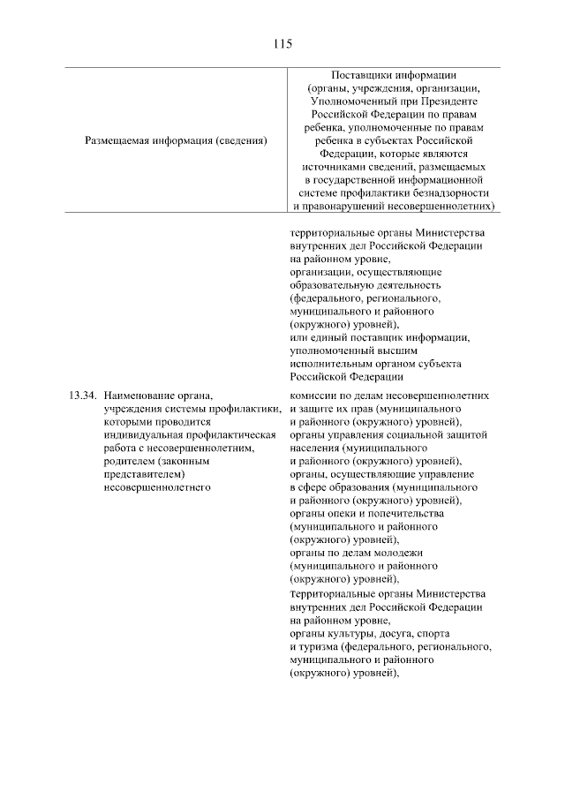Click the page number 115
[x=282, y=42]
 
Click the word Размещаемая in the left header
[x=118, y=139]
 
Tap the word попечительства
[x=395, y=514]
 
